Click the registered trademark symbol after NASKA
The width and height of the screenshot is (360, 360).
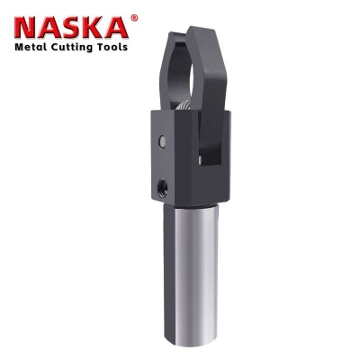point(135,18)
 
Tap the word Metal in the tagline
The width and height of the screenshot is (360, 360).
point(31,47)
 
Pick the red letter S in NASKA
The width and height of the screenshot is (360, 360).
point(74,28)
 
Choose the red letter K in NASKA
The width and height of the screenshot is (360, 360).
point(96,28)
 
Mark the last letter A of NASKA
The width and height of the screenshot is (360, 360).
point(118,28)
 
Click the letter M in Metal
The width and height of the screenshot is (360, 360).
point(20,47)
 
